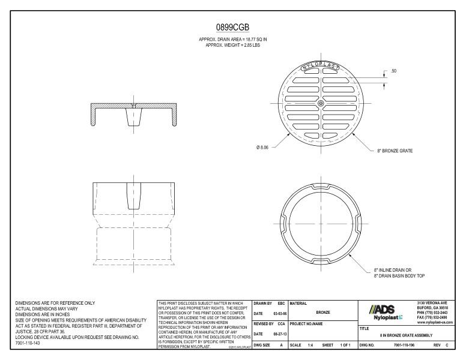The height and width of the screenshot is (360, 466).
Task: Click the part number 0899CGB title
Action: pyautogui.click(x=232, y=28)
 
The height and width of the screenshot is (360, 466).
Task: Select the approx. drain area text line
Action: pyautogui.click(x=232, y=39)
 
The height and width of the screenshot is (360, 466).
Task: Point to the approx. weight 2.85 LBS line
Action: pyautogui.click(x=232, y=44)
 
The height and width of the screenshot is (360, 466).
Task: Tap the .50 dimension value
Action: pyautogui.click(x=393, y=71)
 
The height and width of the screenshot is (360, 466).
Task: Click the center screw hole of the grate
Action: pyautogui.click(x=321, y=103)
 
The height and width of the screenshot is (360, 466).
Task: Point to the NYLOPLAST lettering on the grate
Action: pyautogui.click(x=321, y=67)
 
